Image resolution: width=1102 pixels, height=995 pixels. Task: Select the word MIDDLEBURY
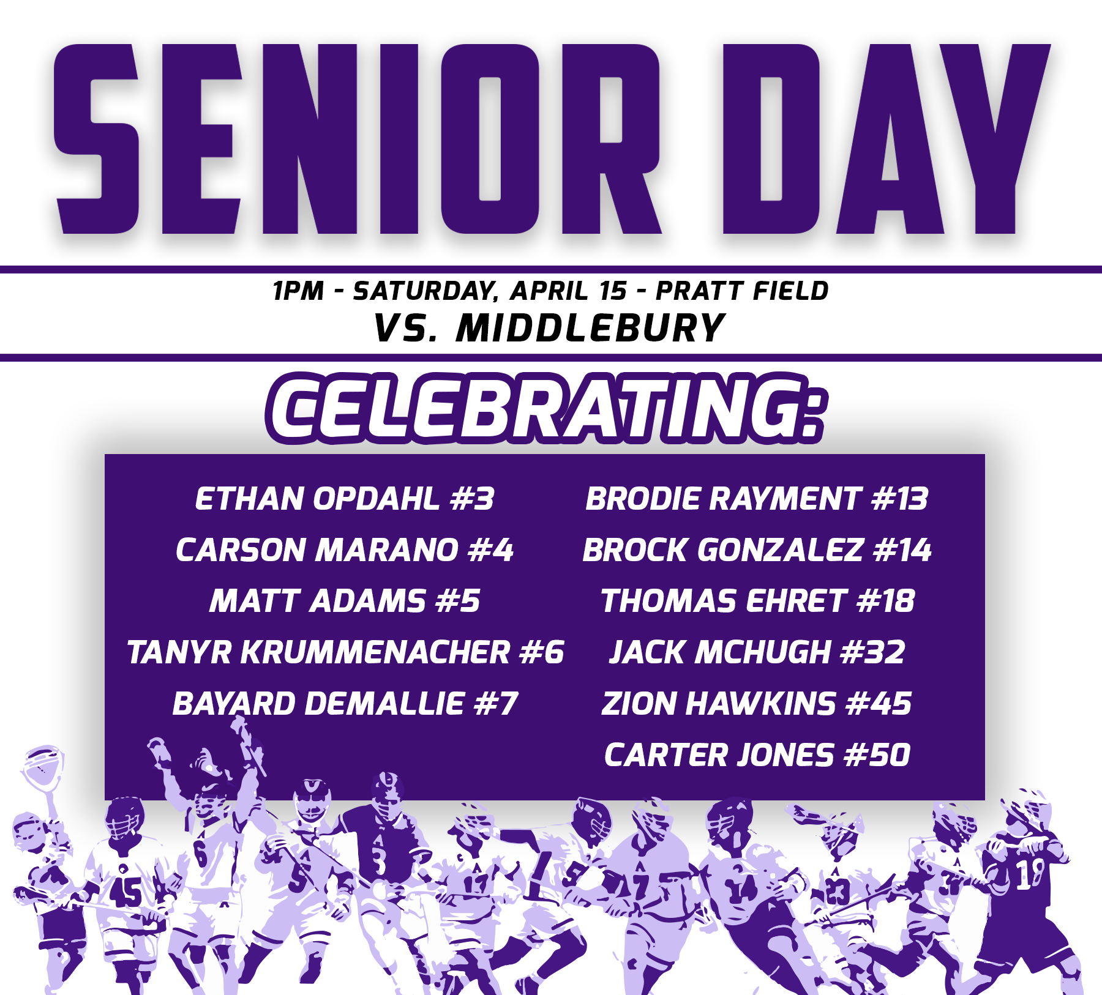click(590, 328)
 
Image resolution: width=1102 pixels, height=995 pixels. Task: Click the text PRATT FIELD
click(742, 291)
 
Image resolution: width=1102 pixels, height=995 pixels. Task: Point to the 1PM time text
click(298, 291)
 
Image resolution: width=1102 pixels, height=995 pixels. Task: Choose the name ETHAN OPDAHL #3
click(344, 499)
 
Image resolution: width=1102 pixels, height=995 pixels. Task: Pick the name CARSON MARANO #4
click(344, 550)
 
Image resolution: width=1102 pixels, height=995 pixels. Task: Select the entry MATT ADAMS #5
click(344, 601)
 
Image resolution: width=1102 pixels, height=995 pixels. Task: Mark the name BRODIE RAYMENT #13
click(757, 499)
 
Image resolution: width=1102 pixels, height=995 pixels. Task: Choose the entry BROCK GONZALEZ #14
click(757, 550)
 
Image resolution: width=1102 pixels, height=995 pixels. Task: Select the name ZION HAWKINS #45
click(757, 704)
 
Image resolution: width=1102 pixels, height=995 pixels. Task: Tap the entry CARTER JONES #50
click(757, 755)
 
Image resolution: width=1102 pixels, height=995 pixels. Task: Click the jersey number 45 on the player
click(126, 892)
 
